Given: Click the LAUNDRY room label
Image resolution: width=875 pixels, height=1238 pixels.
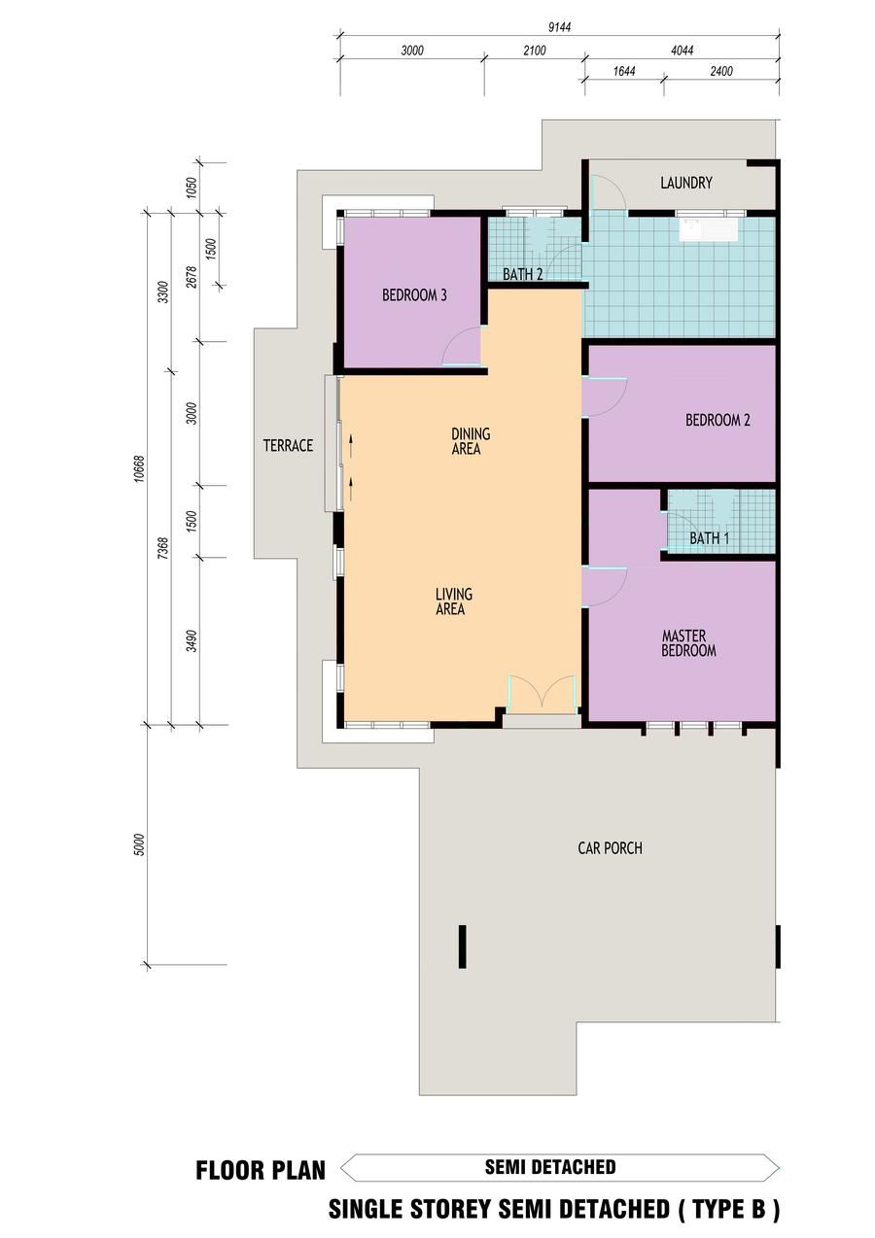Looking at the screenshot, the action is [x=685, y=183].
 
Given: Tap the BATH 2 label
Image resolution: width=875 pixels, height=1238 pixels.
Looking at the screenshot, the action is [x=523, y=274].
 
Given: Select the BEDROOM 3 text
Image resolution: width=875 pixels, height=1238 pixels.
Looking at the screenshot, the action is [x=414, y=295].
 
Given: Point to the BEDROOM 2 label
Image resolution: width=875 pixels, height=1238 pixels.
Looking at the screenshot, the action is [x=717, y=421].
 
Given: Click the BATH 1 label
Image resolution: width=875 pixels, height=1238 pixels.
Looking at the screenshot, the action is [x=709, y=537].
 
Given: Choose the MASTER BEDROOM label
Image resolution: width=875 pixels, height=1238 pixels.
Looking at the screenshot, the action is [x=688, y=643].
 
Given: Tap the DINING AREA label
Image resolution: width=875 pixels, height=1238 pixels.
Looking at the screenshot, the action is [x=471, y=441].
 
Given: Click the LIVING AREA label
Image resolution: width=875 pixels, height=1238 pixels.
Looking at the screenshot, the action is [x=454, y=602].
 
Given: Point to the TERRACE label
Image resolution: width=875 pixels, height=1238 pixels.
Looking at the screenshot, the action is [x=288, y=445].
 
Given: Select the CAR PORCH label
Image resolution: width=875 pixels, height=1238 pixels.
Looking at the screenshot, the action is [x=610, y=847].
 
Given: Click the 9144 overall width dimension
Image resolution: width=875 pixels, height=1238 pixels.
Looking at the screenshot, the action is [x=560, y=27].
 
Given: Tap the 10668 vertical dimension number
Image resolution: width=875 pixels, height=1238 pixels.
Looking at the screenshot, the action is [x=139, y=468].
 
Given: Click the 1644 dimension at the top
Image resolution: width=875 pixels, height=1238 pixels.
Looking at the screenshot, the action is [x=624, y=71].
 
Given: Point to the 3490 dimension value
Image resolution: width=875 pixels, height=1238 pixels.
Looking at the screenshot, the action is [x=192, y=641].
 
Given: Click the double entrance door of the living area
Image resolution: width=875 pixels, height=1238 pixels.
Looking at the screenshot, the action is [x=542, y=695].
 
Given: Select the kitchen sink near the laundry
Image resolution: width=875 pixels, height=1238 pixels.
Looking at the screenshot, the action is [x=709, y=229].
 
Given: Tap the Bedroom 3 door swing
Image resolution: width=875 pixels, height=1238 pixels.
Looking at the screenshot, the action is [x=462, y=346].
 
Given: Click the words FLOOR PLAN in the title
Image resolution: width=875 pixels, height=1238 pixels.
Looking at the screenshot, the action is [x=261, y=1171].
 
